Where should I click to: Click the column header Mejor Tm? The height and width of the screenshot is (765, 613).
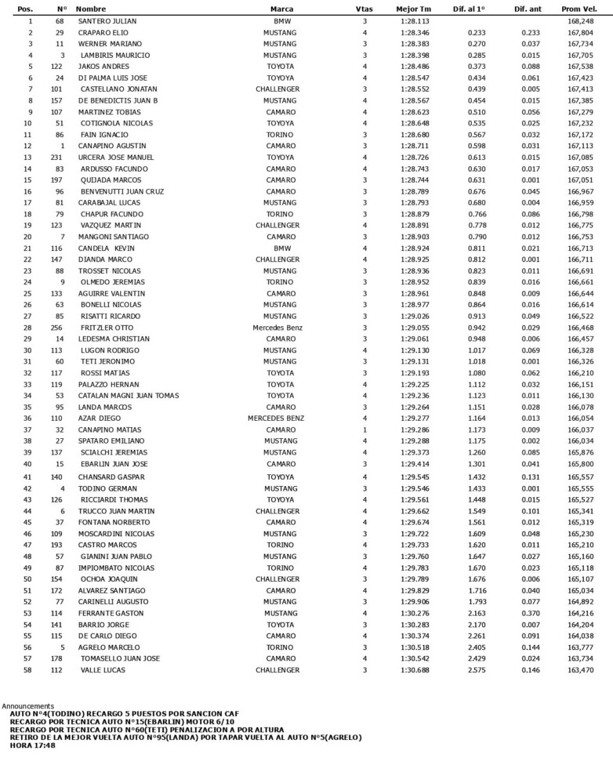[415, 9]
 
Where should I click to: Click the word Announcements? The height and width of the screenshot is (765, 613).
[28, 705]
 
